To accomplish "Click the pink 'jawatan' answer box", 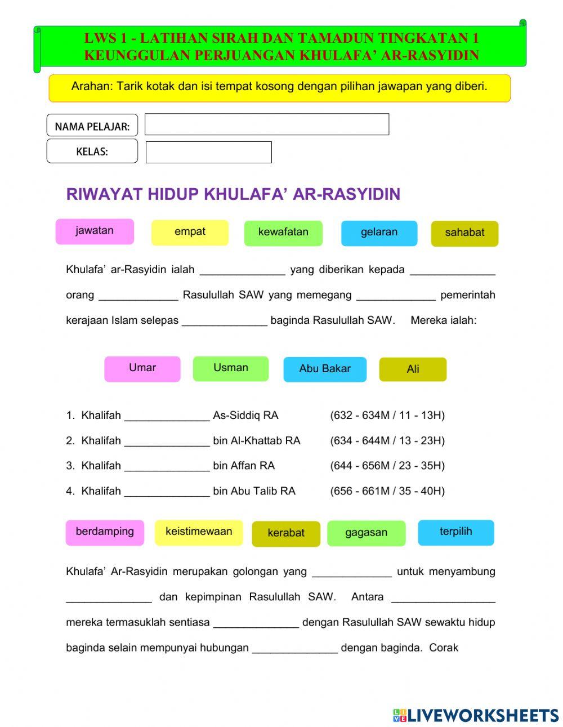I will click(x=95, y=231).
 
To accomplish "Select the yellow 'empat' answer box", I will click(x=190, y=233).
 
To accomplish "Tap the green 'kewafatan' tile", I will click(x=283, y=233).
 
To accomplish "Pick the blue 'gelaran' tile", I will click(x=379, y=233).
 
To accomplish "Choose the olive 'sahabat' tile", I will click(x=464, y=234).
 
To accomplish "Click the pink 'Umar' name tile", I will click(x=142, y=369).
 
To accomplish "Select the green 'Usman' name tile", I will click(x=230, y=369).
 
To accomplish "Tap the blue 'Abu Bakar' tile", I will click(x=324, y=369).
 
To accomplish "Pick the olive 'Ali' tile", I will click(x=413, y=369).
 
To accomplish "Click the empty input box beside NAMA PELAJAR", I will click(x=266, y=124).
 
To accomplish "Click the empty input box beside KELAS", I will click(x=208, y=152).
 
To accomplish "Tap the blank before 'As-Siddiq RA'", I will click(x=167, y=416).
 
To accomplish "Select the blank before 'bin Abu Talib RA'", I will click(x=167, y=492).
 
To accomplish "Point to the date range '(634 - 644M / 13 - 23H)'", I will click(x=387, y=441).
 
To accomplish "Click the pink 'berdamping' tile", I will click(x=105, y=533).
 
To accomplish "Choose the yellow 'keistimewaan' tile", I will click(x=198, y=533).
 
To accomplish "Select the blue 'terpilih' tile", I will click(x=455, y=533).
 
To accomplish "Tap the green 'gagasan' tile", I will click(x=366, y=533).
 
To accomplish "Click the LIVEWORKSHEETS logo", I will click(x=476, y=715).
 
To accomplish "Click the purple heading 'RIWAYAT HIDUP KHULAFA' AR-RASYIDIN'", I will click(x=233, y=194).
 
